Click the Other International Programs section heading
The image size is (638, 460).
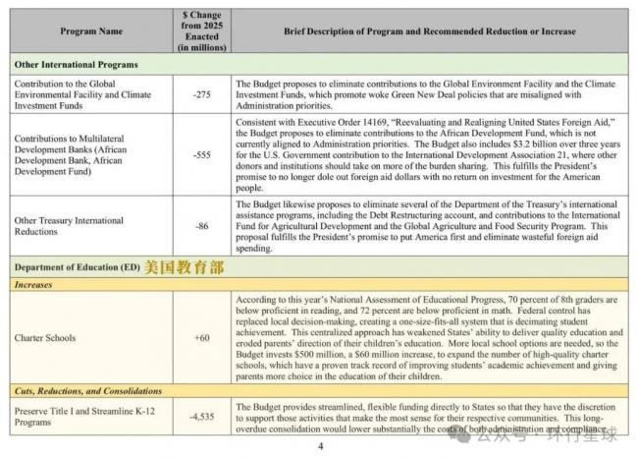point(76,64)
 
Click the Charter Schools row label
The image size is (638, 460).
point(45,337)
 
